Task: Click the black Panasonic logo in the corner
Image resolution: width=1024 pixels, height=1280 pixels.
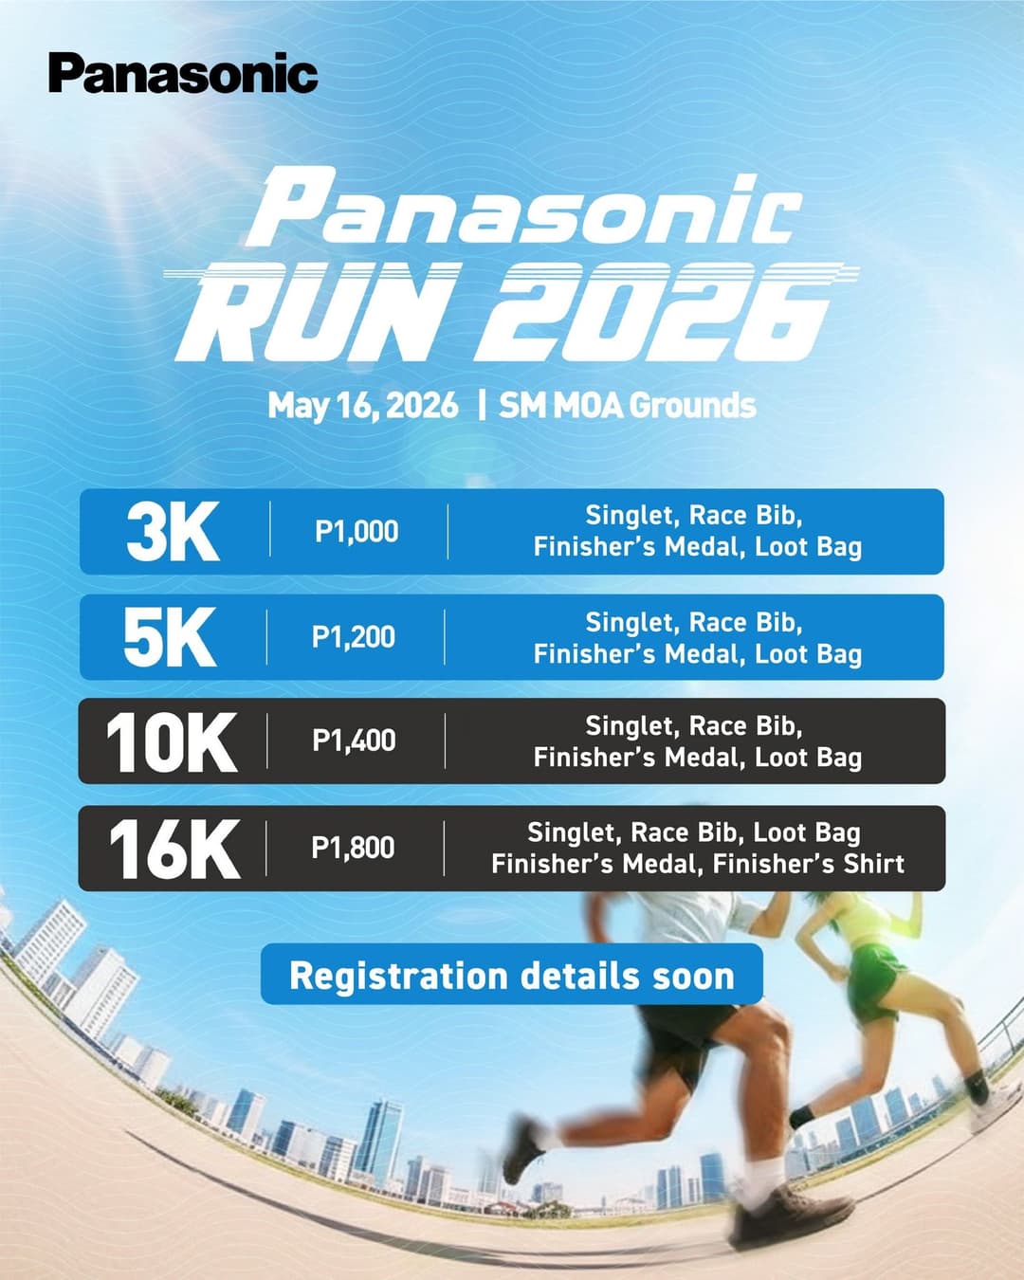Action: (x=183, y=74)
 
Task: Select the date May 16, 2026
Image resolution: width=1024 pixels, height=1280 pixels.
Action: (x=363, y=406)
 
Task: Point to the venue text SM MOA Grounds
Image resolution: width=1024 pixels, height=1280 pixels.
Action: (x=628, y=406)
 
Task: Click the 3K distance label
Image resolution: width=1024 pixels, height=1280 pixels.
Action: (x=173, y=532)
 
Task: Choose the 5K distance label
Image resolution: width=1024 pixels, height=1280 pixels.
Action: (x=171, y=637)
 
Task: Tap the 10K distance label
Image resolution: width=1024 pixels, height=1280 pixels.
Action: (x=172, y=741)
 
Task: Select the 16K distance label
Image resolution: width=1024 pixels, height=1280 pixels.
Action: (x=174, y=849)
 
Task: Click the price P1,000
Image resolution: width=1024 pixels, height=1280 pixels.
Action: (x=357, y=532)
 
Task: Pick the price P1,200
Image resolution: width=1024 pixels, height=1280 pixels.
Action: (x=354, y=637)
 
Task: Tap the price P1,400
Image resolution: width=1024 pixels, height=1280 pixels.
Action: (x=354, y=741)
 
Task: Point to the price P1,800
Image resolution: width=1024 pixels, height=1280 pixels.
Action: (x=353, y=848)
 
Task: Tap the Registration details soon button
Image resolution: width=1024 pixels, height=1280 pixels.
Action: (x=512, y=975)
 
